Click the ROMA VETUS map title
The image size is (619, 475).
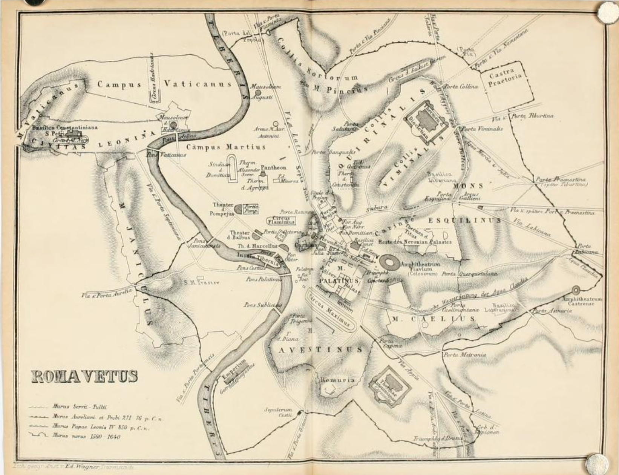[x=84, y=376]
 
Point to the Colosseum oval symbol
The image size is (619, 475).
[x=389, y=262]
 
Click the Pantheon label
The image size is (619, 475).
[x=273, y=167]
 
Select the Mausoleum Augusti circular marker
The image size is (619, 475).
[x=258, y=92]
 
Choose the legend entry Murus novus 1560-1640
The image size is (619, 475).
[x=86, y=437]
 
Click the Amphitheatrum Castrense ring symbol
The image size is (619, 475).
[x=576, y=290]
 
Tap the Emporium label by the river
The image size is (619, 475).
[x=233, y=371]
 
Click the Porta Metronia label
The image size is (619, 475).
[x=464, y=355]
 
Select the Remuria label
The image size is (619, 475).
[x=337, y=380]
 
